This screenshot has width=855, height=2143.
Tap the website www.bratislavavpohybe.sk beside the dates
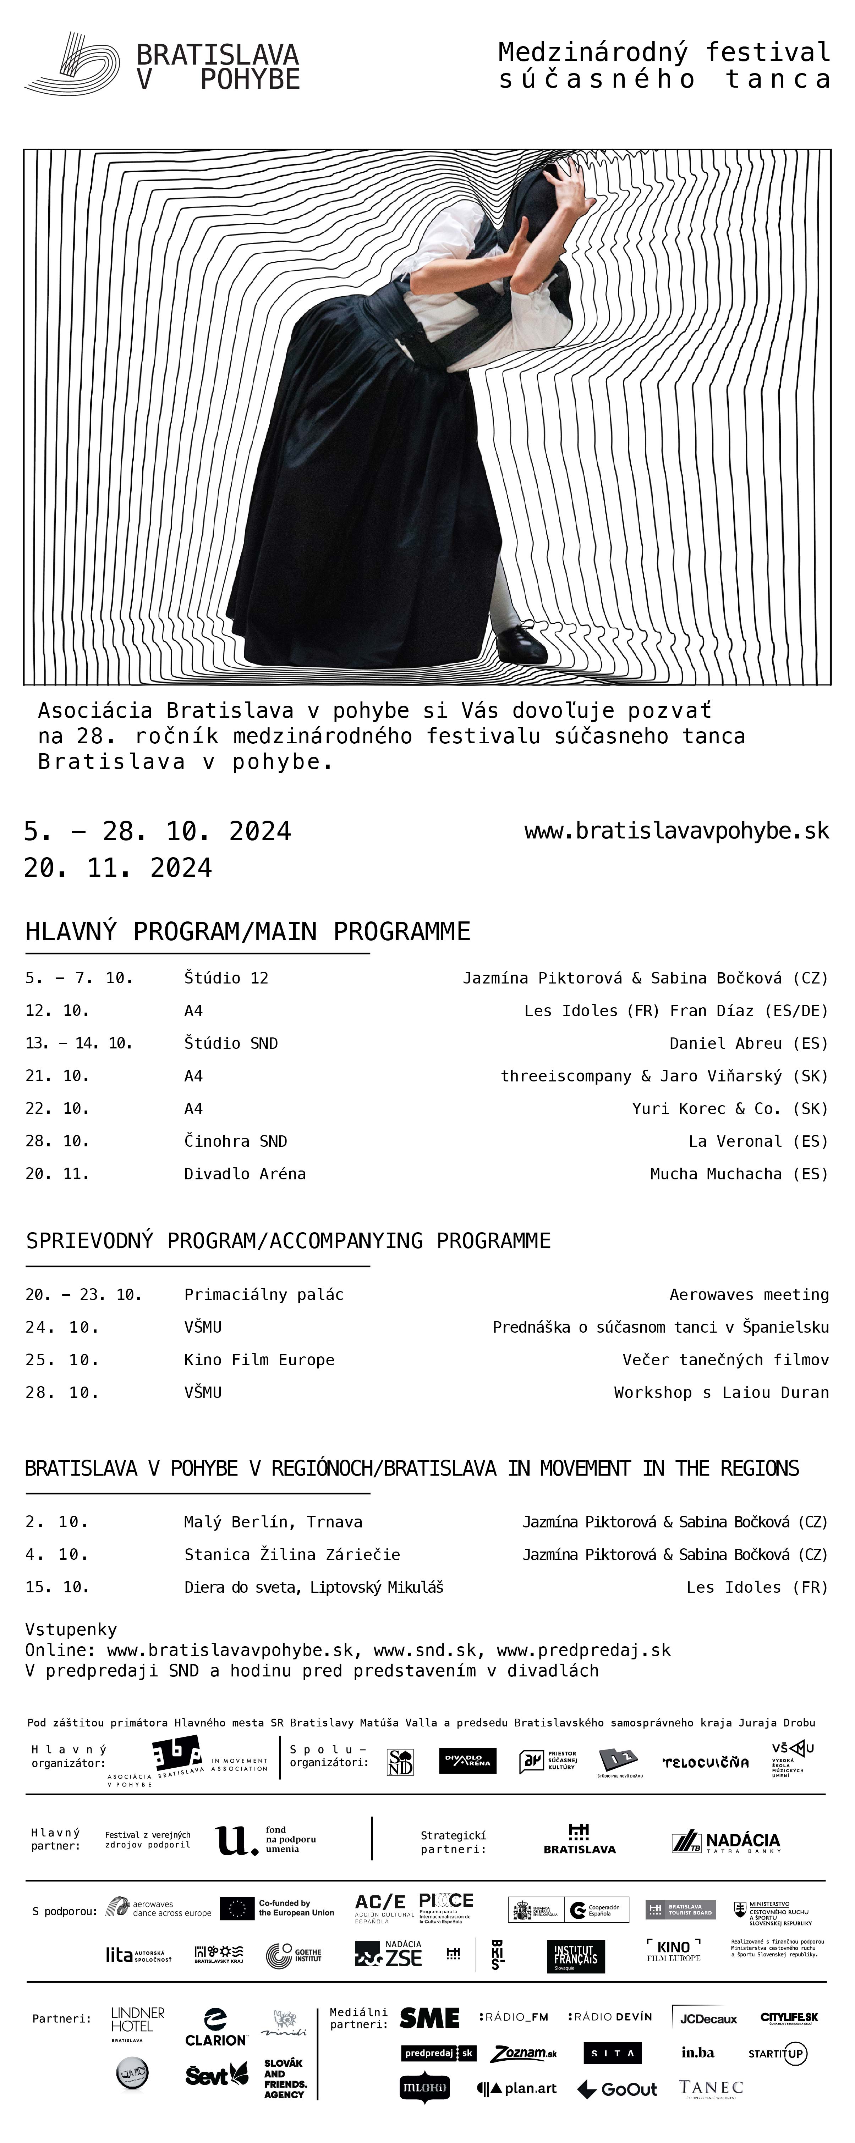click(676, 830)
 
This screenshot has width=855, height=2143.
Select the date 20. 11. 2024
click(118, 868)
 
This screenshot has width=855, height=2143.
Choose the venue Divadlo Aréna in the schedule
click(245, 1174)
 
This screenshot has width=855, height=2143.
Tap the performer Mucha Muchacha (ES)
click(739, 1174)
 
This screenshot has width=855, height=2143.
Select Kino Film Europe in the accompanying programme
click(259, 1359)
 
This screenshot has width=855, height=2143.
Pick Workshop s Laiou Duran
click(721, 1392)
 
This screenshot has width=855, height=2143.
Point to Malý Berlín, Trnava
click(273, 1521)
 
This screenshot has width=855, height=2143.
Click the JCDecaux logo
click(708, 2018)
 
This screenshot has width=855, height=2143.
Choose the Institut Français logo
click(575, 1956)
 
